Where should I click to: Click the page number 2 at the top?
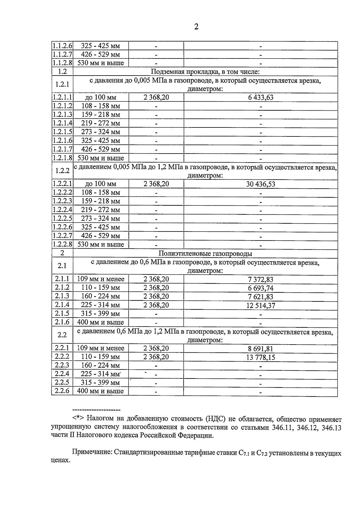coord(196,27)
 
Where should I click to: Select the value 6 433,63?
coord(260,97)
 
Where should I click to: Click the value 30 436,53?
coord(260,184)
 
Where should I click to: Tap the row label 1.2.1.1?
coord(62,97)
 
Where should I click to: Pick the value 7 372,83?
coord(260,279)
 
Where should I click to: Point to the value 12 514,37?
coord(260,306)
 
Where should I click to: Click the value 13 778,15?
coord(260,357)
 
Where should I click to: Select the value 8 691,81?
coord(260,349)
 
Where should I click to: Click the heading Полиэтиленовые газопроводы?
coord(205,254)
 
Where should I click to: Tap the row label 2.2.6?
coord(62,391)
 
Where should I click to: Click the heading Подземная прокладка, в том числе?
coord(205,72)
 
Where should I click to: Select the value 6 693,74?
coord(260,288)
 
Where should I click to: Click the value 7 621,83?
coord(260,297)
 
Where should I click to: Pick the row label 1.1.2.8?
coord(62,63)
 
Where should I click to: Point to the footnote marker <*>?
coord(79,419)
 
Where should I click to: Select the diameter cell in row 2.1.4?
coord(100,305)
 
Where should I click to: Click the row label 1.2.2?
coord(62,171)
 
